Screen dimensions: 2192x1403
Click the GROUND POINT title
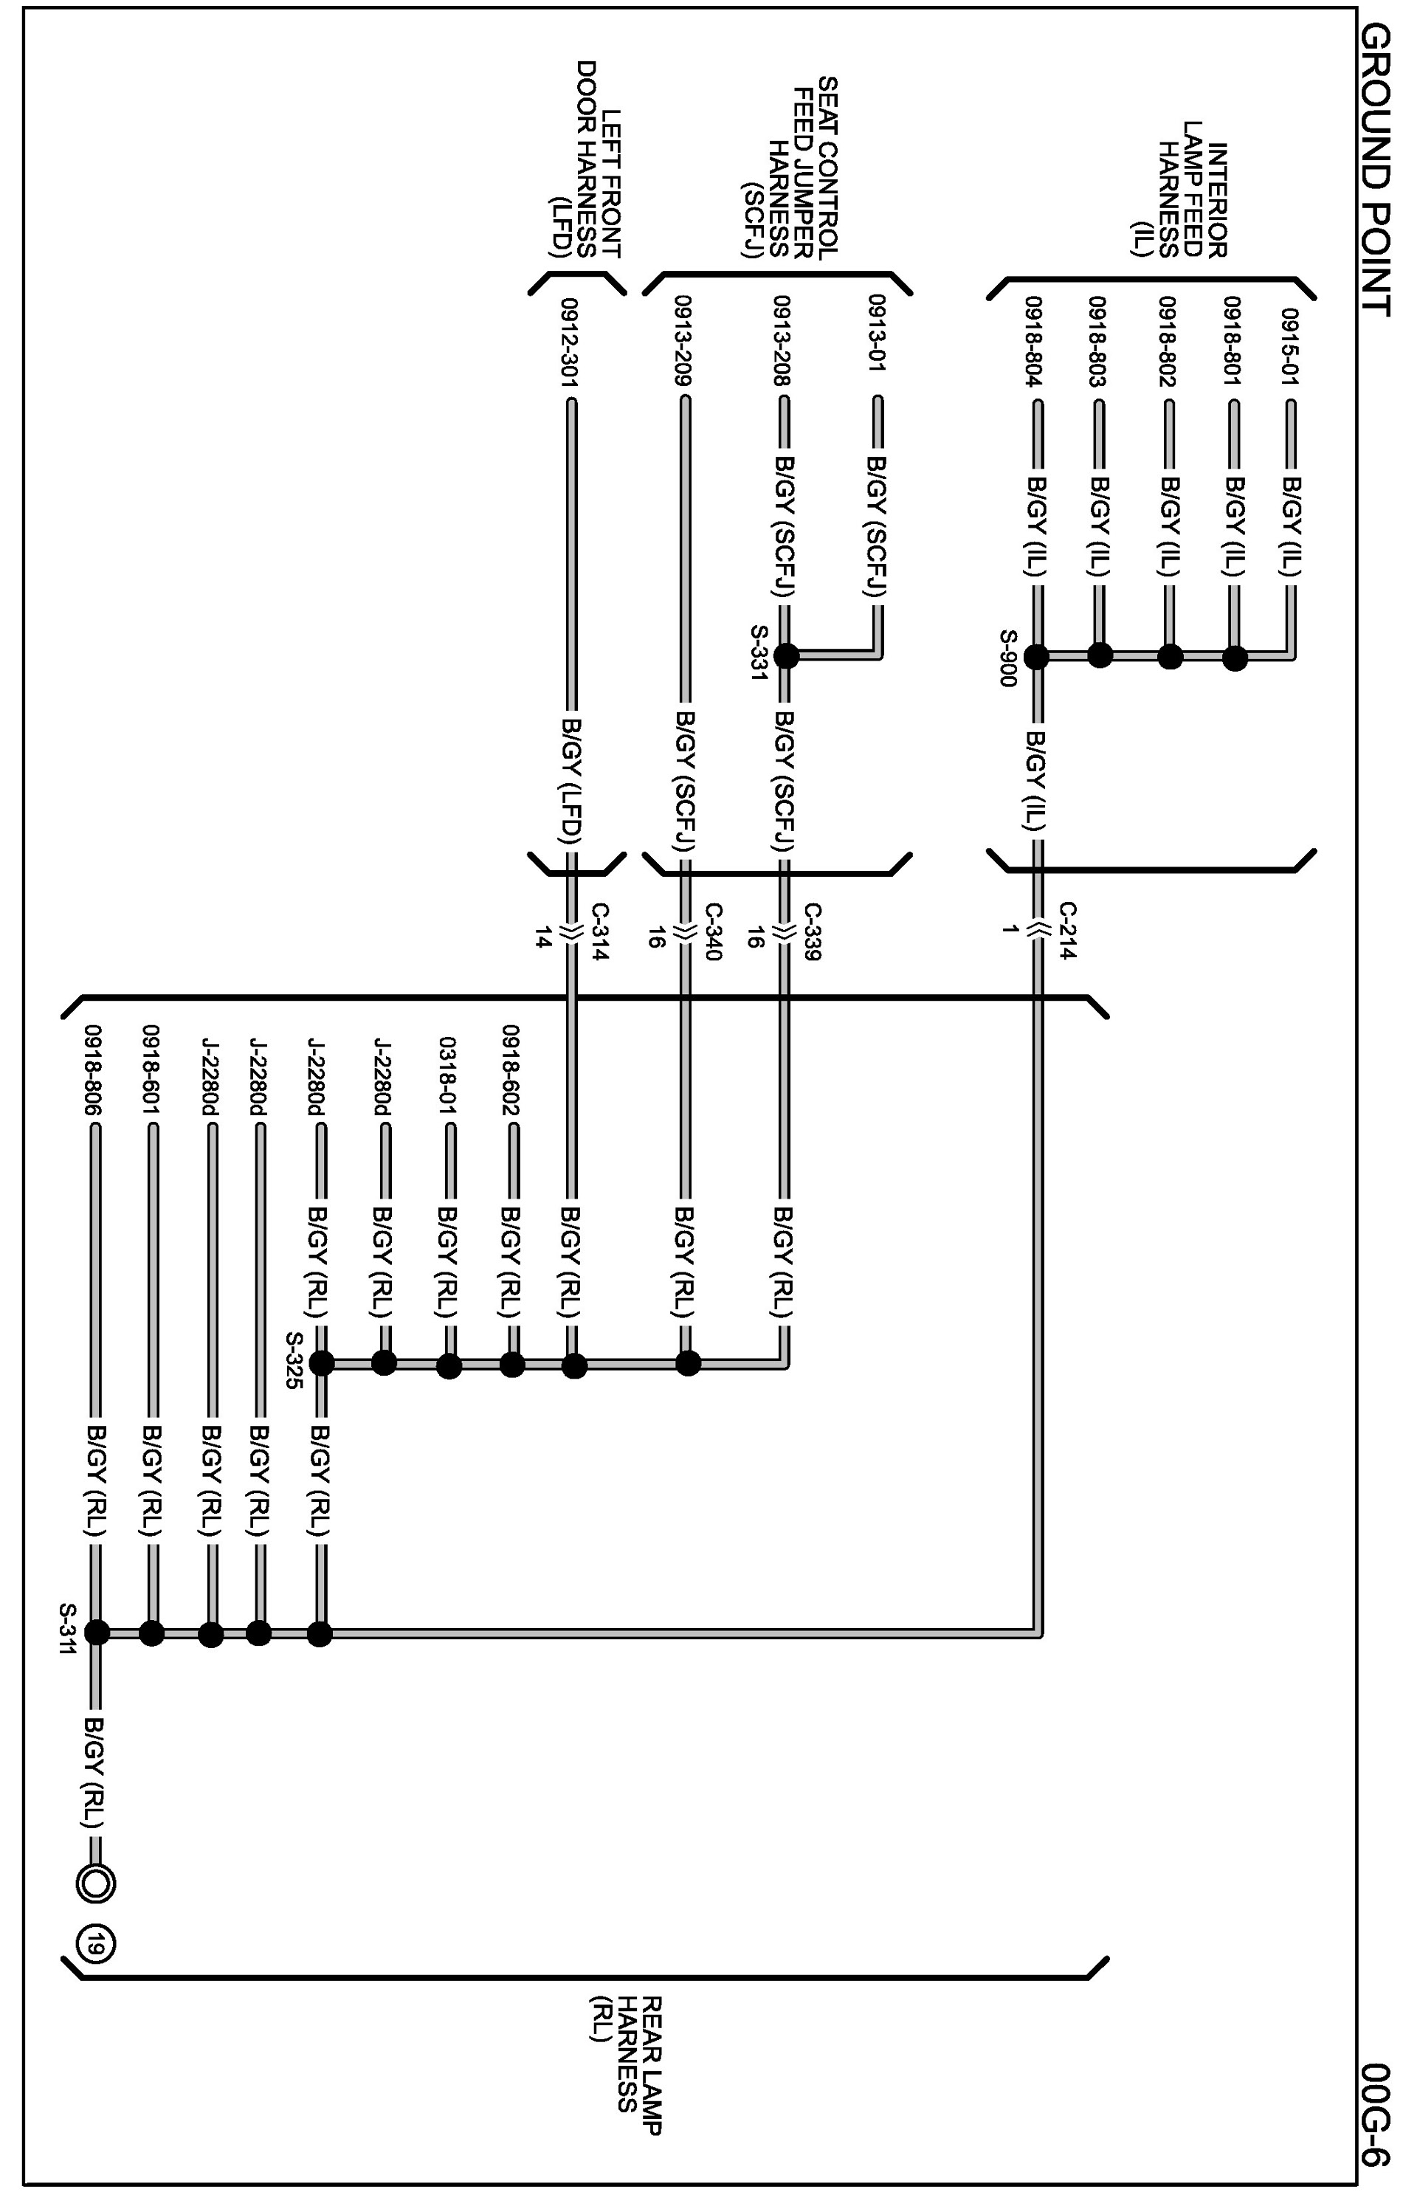coord(1375,168)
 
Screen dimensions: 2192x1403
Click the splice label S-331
coord(759,652)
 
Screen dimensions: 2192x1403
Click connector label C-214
coord(1068,930)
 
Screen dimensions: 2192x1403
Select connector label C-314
coord(600,931)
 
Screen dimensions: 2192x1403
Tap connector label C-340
coord(714,931)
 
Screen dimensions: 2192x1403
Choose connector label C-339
coord(812,931)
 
